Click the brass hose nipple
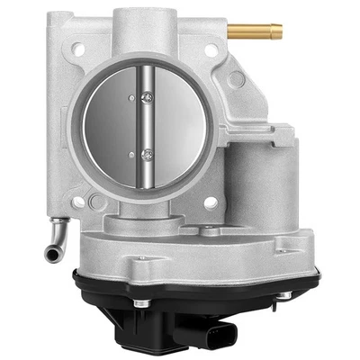coord(257,32)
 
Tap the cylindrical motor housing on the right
coord(261,180)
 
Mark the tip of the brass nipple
coord(278,32)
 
